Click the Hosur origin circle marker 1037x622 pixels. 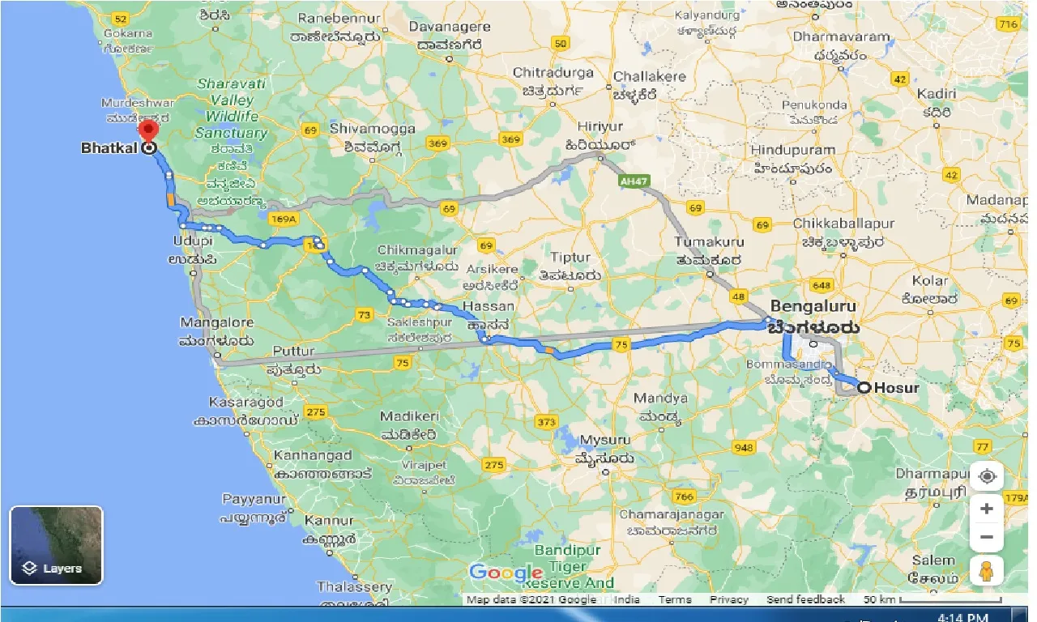click(x=864, y=388)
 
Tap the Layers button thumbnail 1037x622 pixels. click(x=56, y=545)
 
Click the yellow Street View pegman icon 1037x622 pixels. click(x=986, y=572)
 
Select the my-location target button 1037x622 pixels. click(x=986, y=476)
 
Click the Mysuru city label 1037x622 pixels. click(x=605, y=440)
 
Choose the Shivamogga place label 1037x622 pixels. click(x=373, y=129)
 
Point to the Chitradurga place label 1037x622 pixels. click(x=553, y=73)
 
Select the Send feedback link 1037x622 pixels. click(x=805, y=599)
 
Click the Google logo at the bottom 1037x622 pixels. click(x=506, y=573)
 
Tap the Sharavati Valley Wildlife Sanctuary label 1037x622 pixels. click(x=232, y=108)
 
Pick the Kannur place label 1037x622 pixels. click(x=329, y=521)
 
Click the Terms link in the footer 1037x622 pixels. click(x=674, y=599)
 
